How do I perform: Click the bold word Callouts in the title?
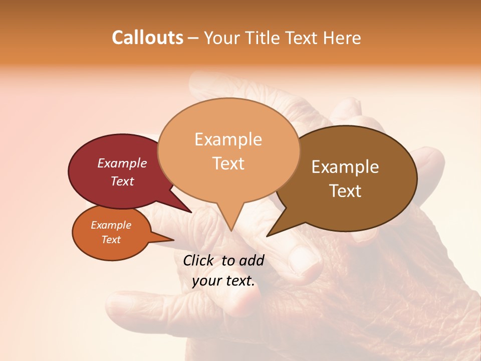(147, 38)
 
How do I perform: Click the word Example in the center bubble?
(228, 139)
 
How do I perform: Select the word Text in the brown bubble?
(346, 191)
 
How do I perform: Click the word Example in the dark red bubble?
(122, 163)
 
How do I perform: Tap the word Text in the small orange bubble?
(111, 240)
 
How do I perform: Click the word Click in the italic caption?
(198, 260)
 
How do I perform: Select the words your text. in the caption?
(223, 281)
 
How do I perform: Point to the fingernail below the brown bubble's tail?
(306, 262)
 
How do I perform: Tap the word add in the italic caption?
(252, 260)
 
